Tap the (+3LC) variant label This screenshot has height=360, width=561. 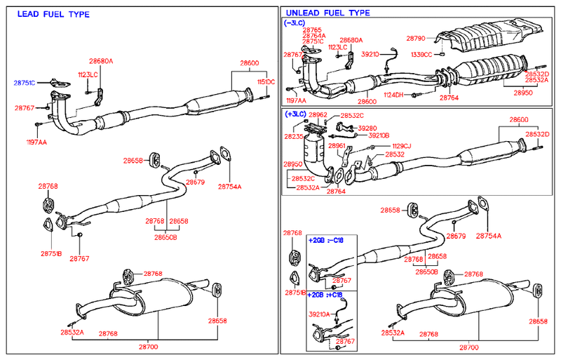click(x=295, y=114)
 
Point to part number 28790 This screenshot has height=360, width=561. click(x=417, y=37)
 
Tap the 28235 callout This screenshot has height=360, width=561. click(x=293, y=138)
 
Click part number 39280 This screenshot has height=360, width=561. click(x=368, y=128)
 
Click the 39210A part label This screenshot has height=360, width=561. click(x=319, y=314)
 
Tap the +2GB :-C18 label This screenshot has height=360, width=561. click(x=325, y=240)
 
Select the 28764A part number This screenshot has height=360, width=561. click(x=313, y=36)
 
